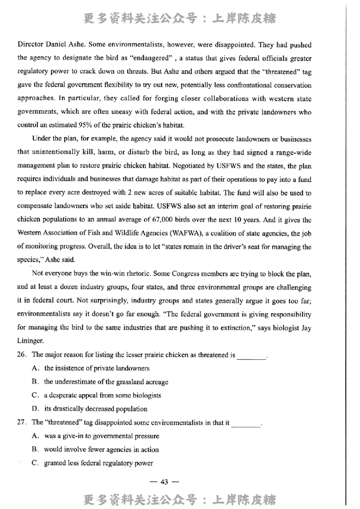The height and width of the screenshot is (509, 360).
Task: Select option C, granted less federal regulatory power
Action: tap(98, 463)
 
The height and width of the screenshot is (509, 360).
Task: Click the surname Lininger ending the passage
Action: tap(32, 341)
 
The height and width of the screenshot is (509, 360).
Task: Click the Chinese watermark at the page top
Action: tap(180, 18)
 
